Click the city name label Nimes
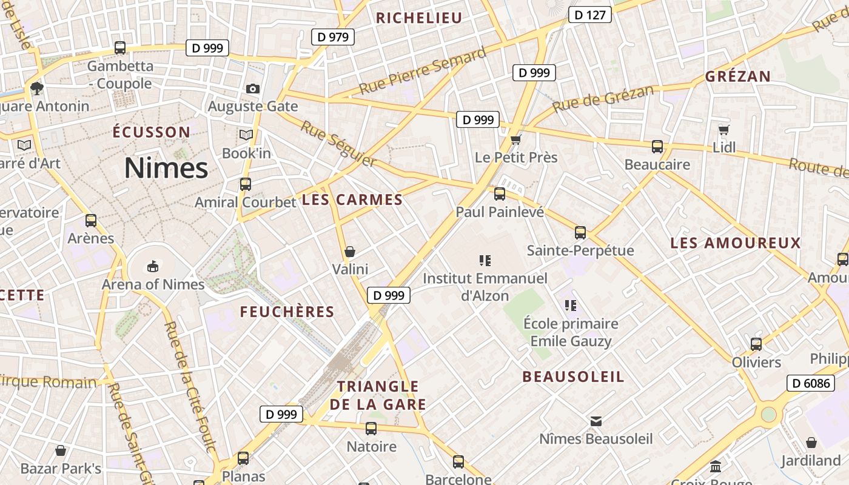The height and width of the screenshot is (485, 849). tap(166, 168)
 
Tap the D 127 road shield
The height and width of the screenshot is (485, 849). tap(589, 15)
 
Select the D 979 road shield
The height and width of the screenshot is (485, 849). tap(333, 37)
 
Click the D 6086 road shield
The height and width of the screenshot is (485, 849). tap(809, 383)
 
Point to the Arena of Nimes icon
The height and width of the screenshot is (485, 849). tap(153, 266)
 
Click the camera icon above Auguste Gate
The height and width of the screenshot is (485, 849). tap(253, 89)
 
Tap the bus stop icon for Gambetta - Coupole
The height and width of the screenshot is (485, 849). tap(120, 47)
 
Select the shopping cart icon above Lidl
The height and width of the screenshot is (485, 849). tap(723, 130)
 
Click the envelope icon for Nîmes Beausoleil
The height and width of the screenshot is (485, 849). tap(596, 421)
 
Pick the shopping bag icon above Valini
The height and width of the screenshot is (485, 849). tap(350, 251)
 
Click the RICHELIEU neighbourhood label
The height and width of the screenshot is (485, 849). tap(419, 18)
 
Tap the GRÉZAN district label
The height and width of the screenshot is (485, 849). tap(737, 77)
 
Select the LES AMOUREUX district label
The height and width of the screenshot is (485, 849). tap(736, 244)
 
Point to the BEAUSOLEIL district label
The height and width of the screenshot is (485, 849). tap(573, 376)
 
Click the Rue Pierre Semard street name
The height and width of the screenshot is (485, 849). tap(422, 71)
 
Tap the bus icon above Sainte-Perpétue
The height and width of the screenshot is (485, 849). tap(580, 232)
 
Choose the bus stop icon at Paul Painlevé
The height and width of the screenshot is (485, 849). tap(500, 194)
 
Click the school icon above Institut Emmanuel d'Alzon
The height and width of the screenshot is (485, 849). tap(485, 261)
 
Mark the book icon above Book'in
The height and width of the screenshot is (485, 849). tap(246, 135)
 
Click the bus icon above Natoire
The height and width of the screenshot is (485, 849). tap(371, 429)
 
